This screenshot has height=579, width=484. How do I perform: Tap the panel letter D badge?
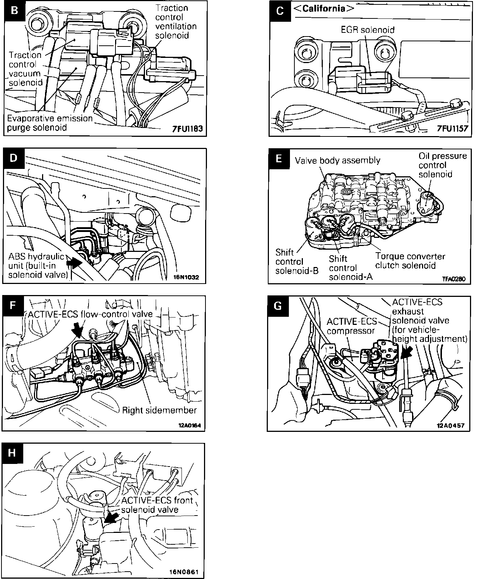(13, 158)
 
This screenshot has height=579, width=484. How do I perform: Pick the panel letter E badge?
(279, 159)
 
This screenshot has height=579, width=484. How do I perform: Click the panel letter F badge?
(13, 306)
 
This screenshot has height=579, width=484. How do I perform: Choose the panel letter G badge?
(279, 306)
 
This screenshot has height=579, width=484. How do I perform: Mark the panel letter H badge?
(12, 453)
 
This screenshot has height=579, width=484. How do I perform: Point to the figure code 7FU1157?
(452, 129)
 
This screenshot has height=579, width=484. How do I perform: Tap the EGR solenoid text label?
(367, 30)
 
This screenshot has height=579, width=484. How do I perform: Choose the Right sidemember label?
(159, 410)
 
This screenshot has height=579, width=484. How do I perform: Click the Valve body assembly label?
(337, 160)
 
